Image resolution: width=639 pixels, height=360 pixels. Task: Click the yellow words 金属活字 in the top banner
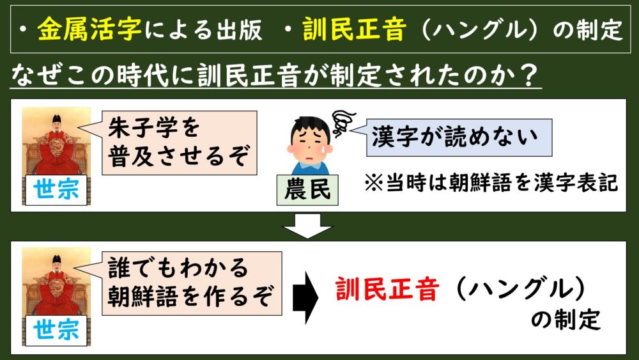coord(89,29)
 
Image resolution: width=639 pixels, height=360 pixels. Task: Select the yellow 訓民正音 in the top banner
coord(354,29)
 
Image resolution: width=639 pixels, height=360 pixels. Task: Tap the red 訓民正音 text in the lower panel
coord(387,289)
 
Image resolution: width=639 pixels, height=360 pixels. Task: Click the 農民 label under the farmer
coord(307,190)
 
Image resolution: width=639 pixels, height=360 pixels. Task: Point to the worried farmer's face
coord(310,141)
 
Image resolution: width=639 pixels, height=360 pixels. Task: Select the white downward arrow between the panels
coord(307,226)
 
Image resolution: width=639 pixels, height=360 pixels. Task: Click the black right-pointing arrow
coord(305,297)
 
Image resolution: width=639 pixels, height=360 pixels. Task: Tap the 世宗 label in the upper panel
coord(56,190)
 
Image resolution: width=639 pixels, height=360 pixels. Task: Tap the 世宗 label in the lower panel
coord(56,330)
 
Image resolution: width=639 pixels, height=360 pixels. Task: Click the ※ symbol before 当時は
coord(374,183)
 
